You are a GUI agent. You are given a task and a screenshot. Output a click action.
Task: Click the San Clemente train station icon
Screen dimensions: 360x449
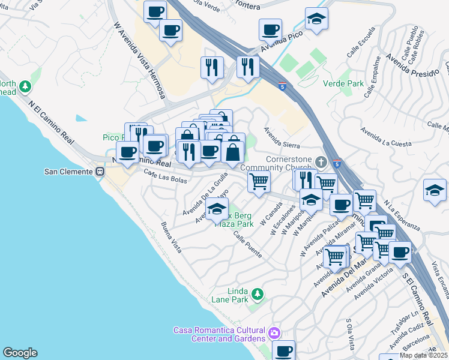[100, 171]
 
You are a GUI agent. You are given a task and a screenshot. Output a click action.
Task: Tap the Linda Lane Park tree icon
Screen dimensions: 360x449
[257, 293]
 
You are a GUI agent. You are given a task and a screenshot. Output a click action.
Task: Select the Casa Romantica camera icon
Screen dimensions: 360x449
[274, 332]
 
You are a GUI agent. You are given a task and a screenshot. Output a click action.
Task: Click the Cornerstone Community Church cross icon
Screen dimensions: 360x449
[322, 162]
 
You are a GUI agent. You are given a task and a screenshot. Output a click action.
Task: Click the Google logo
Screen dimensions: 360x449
[20, 353]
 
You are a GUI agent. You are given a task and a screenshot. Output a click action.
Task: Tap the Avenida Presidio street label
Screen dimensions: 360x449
[411, 66]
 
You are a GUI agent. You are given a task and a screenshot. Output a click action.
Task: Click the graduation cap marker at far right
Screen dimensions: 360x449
[435, 190]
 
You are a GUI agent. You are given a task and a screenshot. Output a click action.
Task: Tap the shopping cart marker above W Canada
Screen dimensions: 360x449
[259, 180]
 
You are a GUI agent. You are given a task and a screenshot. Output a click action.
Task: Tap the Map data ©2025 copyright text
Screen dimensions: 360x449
[423, 355]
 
